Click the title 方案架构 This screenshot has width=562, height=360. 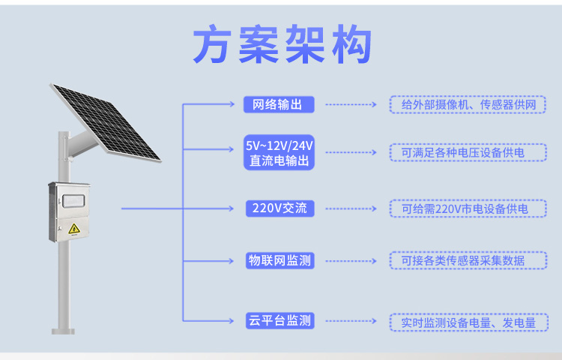282,43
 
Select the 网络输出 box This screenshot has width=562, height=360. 279,105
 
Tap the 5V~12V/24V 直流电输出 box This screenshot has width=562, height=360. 279,152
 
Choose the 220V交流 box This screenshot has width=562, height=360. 280,208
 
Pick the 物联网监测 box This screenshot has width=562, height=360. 280,261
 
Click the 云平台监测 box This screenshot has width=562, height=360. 280,320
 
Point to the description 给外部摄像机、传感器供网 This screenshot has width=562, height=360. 468,105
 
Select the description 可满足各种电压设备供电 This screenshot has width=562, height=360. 468,152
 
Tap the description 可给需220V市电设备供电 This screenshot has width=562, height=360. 468,208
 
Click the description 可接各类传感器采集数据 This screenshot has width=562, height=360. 468,261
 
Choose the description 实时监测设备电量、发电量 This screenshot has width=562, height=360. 469,322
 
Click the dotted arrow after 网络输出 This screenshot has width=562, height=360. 351,105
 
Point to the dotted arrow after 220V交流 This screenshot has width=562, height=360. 351,208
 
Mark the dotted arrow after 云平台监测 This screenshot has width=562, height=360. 351,321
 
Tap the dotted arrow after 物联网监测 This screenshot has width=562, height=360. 351,261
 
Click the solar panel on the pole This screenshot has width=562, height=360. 105,122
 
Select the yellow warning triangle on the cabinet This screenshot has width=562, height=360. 74,229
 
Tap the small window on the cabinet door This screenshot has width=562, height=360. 73,201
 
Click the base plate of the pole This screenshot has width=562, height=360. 64,331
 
